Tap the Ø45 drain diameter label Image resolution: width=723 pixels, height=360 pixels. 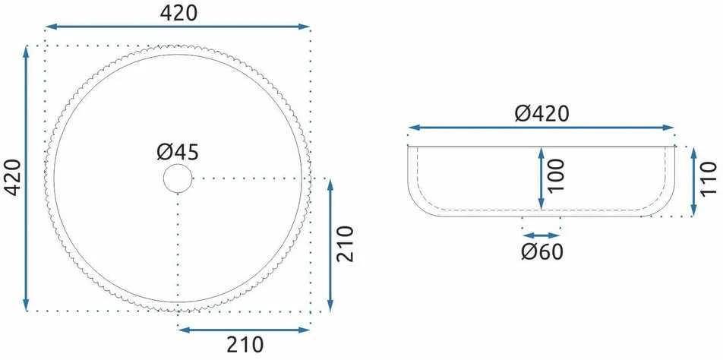(178, 152)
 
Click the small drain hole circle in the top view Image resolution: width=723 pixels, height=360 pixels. (178, 178)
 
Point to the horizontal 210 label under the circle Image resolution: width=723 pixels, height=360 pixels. (245, 344)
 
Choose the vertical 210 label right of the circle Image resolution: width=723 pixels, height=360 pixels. (345, 244)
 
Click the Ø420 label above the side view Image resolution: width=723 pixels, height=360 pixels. (541, 113)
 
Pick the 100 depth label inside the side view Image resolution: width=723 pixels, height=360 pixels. (557, 175)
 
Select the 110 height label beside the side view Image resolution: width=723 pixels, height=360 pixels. (709, 178)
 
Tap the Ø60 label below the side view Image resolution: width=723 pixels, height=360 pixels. (542, 251)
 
